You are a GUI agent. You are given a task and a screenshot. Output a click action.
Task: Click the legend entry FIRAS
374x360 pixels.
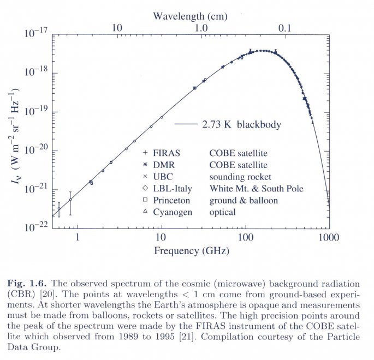[168, 153]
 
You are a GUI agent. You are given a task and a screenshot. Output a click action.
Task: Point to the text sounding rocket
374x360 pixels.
[240, 177]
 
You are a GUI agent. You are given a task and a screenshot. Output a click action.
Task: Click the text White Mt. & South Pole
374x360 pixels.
[256, 189]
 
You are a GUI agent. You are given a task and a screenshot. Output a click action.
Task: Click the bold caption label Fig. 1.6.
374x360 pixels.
[29, 285]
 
